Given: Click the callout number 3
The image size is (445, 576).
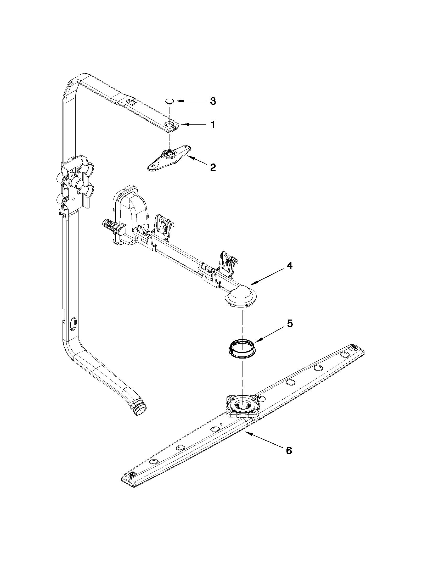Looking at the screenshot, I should click(213, 101).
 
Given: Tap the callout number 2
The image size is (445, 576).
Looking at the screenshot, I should click(213, 167).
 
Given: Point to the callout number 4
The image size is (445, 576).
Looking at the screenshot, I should click(289, 266).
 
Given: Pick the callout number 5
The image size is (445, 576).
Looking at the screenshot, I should click(289, 324).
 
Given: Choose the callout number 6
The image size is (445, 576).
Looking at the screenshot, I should click(289, 450).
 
